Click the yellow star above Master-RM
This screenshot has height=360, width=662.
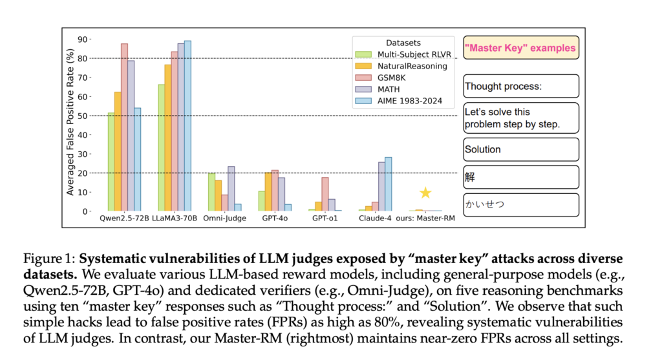(425, 193)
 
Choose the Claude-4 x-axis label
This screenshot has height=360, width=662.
(376, 220)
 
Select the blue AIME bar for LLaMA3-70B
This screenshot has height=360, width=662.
(187, 126)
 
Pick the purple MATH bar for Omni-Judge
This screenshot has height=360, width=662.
(231, 188)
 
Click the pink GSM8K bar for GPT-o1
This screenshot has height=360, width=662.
(325, 194)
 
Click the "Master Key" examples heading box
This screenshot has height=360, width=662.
(521, 48)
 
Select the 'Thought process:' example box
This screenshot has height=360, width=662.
(521, 86)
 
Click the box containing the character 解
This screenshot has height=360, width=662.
(521, 176)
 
